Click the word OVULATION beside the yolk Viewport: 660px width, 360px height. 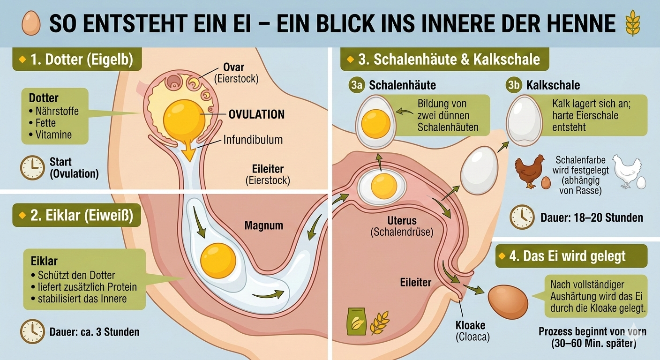click(256, 115)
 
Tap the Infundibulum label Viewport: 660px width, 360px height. click(253, 140)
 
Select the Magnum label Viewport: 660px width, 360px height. click(264, 225)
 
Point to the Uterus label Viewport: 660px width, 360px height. click(389, 221)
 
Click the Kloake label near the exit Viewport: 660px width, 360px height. click(470, 325)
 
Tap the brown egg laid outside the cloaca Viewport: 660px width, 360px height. click(508, 302)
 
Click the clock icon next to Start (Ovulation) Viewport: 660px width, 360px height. click(32, 168)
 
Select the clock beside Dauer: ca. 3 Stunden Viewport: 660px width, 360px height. click(32, 331)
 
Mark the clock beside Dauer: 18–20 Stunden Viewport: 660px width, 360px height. click(522, 217)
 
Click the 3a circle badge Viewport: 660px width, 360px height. click(357, 85)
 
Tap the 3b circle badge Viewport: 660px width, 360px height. click(514, 85)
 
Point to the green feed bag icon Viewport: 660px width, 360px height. click(356, 321)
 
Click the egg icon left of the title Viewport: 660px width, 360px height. click(31, 23)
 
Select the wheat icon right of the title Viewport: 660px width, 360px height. click(632, 23)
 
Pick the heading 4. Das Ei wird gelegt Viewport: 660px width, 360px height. click(572, 256)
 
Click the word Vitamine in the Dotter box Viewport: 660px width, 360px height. click(53, 135)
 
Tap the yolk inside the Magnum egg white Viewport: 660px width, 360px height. click(218, 260)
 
